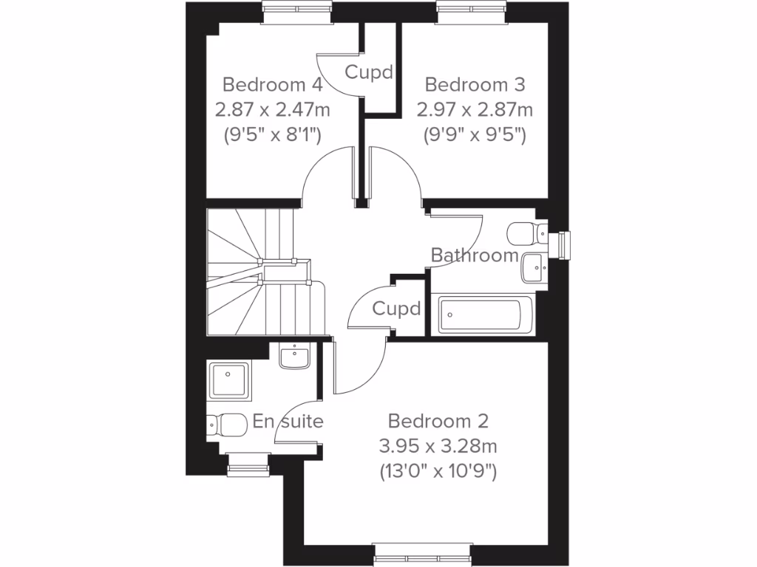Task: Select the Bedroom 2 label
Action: [x=438, y=422]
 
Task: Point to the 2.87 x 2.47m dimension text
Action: [x=272, y=110]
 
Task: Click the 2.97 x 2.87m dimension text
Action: [x=475, y=110]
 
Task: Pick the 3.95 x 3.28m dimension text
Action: [x=438, y=446]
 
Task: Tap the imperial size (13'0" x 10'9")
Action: [x=438, y=470]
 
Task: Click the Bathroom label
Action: [x=475, y=256]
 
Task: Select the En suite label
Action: [x=288, y=422]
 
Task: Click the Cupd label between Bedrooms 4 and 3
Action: [x=368, y=72]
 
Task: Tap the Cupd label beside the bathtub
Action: [x=396, y=308]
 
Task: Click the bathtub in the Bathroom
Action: [x=484, y=315]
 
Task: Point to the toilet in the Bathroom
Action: [x=526, y=233]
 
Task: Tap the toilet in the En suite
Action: [x=226, y=425]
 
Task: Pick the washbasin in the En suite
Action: [x=294, y=357]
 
